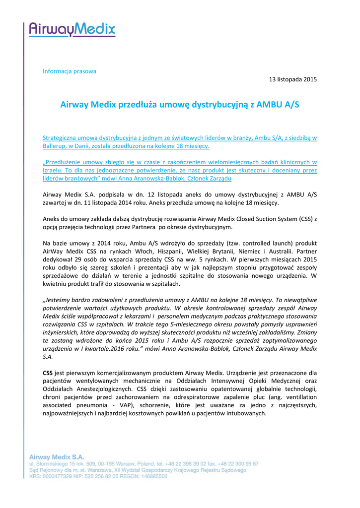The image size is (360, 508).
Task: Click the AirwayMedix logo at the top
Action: [72, 29]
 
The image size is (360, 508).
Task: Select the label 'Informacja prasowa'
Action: [70, 71]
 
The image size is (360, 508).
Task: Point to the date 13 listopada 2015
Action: [292, 79]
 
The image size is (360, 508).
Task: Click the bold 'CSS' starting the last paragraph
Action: [48, 372]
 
